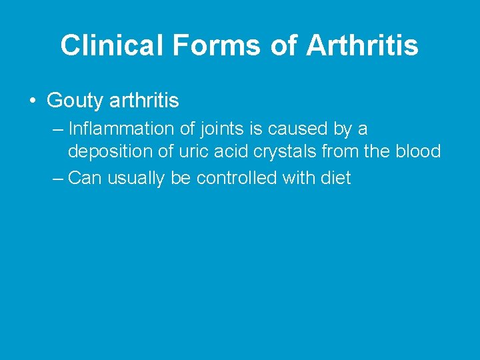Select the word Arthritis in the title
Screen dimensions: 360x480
coord(362,45)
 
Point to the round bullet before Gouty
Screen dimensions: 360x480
coord(32,101)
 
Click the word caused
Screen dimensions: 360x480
coord(301,128)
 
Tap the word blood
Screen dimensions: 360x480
coord(419,151)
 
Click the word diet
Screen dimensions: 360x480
coord(335,178)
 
